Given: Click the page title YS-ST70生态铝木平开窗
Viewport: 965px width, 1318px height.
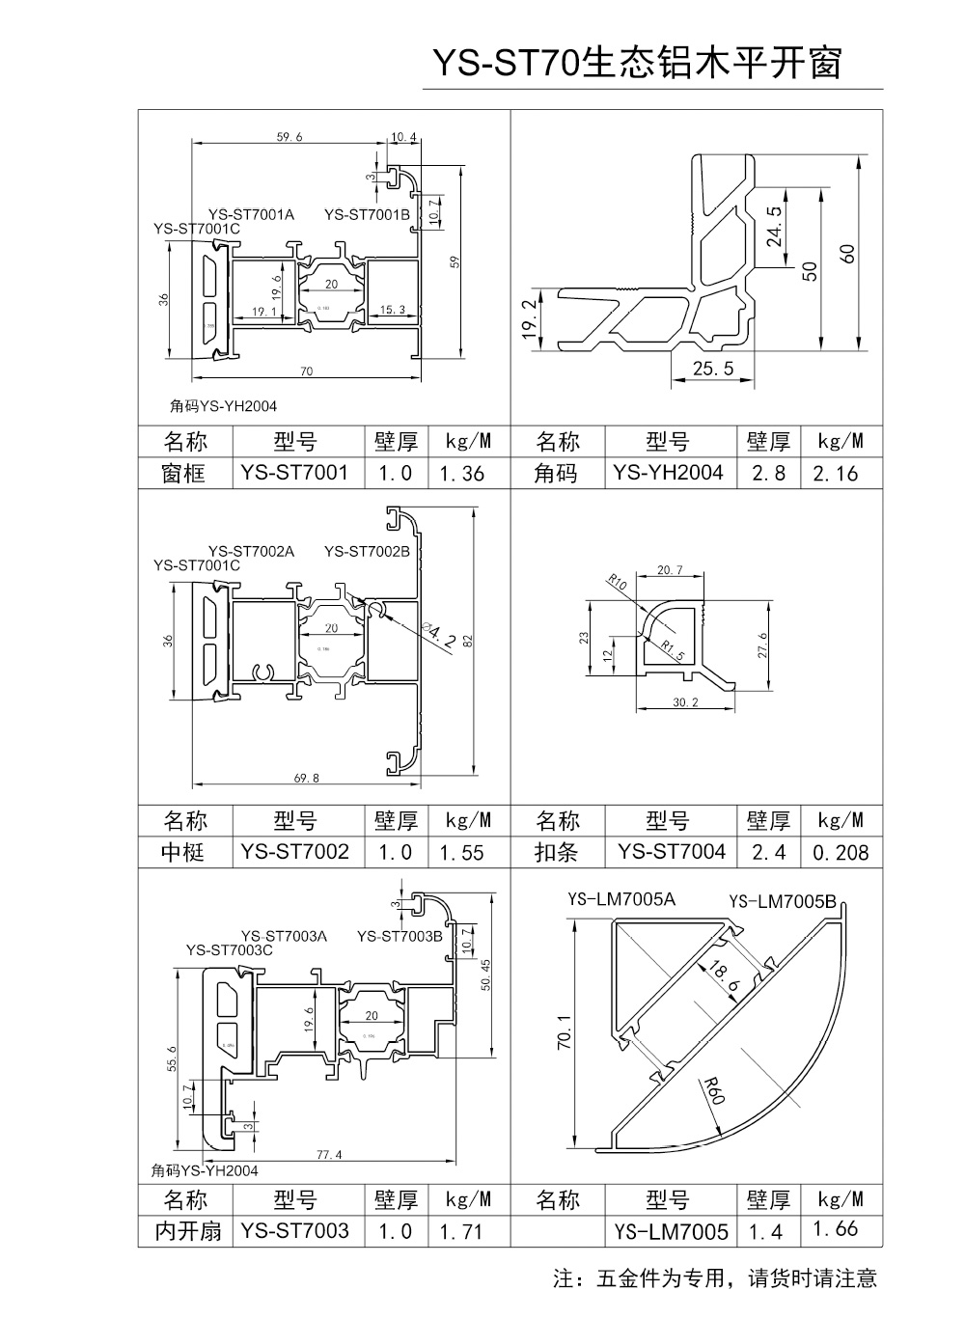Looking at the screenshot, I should coord(637,63).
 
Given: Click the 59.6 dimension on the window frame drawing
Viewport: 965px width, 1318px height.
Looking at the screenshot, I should coord(289,137).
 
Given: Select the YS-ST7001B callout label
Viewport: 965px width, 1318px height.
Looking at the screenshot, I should coord(367,214).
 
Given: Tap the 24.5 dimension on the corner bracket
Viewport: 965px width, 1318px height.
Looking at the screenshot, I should coord(775,227).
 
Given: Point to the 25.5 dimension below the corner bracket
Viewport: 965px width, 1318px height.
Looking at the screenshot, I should coord(713,368).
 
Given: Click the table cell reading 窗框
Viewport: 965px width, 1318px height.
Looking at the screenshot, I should coord(183,473).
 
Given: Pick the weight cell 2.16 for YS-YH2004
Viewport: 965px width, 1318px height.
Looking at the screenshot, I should coord(835,473).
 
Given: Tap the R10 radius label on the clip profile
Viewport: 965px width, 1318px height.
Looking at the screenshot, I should coord(618,583).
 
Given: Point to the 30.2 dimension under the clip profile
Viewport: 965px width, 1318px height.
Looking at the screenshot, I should coord(684,702).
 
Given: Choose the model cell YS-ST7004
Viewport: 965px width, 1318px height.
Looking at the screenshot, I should coord(672,851).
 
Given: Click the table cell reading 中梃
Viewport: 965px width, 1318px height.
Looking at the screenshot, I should coord(183,852).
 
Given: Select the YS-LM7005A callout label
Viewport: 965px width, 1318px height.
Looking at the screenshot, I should coord(621,900).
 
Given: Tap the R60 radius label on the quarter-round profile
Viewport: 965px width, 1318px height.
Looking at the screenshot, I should coord(715,1089).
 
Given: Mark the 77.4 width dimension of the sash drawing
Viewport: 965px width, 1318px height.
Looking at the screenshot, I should coord(329,1154).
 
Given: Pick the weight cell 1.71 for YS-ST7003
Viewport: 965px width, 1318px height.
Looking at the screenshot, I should coord(462,1231).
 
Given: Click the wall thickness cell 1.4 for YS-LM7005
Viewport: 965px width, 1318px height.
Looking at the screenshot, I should coord(767,1231).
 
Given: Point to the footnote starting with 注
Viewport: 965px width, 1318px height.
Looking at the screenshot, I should coord(715,1278).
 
